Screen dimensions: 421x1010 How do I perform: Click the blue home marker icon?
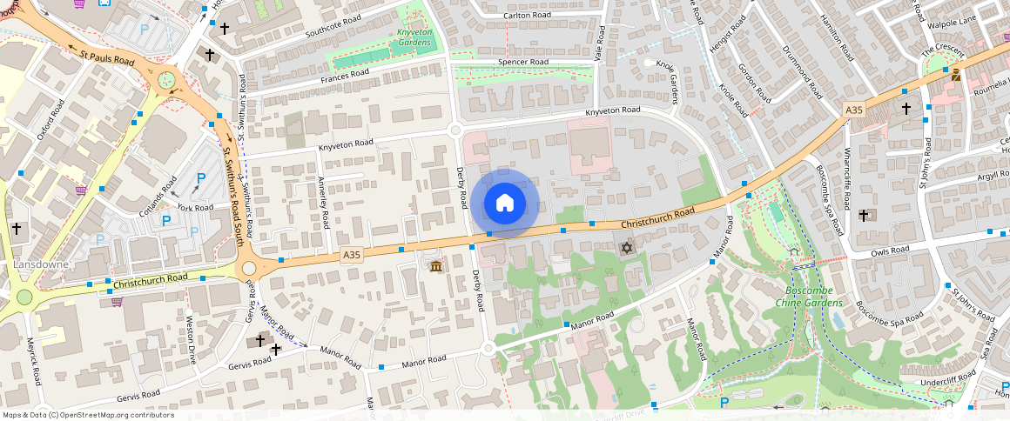point(505,204)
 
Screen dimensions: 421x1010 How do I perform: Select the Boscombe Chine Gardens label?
point(809,296)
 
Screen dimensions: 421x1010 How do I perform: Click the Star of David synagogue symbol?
point(625,249)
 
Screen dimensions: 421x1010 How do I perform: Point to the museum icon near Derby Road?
point(435,264)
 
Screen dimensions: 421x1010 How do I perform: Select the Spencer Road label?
point(522,63)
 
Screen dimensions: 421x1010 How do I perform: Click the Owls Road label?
point(890,251)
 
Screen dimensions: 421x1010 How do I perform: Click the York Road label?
point(195,208)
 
